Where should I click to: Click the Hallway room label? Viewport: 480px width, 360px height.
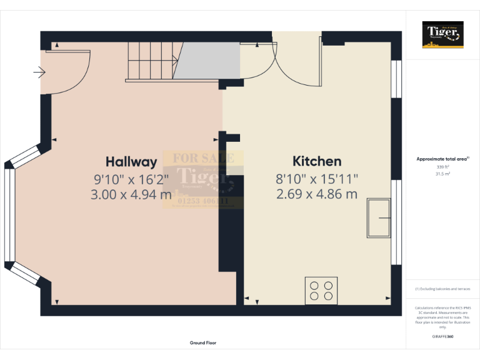click(x=131, y=161)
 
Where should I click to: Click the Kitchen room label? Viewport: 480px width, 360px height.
click(x=317, y=161)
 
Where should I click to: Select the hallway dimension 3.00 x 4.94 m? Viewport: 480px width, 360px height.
click(x=131, y=194)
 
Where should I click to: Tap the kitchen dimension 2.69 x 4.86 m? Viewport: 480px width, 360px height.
click(x=317, y=194)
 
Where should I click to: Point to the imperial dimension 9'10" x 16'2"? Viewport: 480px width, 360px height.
click(x=131, y=179)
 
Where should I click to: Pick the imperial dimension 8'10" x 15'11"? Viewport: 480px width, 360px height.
click(x=317, y=179)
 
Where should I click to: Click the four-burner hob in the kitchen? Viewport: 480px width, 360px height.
click(x=321, y=291)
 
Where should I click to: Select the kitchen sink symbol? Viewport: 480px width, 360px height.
click(x=379, y=218)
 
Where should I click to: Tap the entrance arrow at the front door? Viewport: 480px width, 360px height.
click(x=39, y=73)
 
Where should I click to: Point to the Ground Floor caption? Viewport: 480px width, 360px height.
click(x=203, y=342)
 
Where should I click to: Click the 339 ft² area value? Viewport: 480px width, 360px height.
click(x=442, y=167)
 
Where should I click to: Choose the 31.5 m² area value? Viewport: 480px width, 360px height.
click(x=442, y=174)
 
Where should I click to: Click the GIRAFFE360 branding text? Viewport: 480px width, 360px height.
click(x=442, y=336)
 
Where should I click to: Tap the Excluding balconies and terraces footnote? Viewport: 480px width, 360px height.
click(x=442, y=289)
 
